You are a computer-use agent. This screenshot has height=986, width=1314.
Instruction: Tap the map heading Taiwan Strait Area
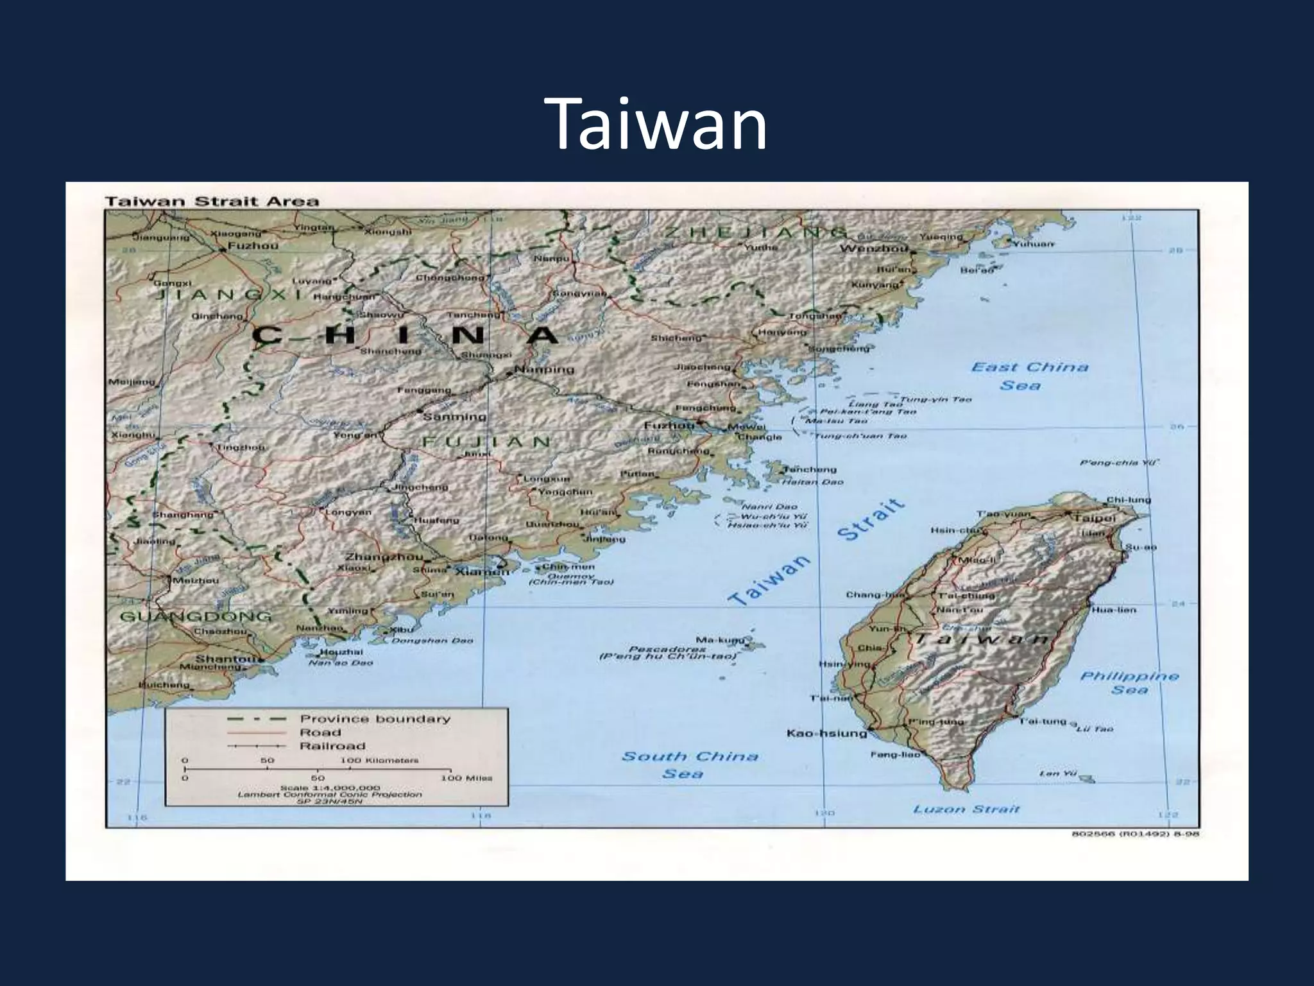tap(212, 201)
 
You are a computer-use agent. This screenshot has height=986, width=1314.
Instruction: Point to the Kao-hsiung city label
tap(826, 733)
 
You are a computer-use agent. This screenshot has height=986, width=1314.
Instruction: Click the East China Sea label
tap(1029, 376)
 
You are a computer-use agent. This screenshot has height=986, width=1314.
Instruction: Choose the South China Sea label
tap(689, 765)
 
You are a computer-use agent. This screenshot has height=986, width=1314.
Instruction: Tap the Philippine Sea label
tap(1129, 683)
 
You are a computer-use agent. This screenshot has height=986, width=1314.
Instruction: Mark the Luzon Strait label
tap(966, 809)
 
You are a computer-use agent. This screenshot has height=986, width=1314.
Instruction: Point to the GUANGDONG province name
tap(196, 617)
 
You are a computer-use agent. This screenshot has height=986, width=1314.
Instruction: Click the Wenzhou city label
tap(873, 248)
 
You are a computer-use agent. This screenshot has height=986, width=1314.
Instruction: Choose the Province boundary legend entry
tap(375, 719)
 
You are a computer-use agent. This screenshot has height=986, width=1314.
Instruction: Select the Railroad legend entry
tap(332, 746)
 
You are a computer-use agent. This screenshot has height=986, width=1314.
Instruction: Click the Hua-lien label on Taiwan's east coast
tap(1113, 610)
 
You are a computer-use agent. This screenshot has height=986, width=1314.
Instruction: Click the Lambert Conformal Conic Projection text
tap(330, 794)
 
